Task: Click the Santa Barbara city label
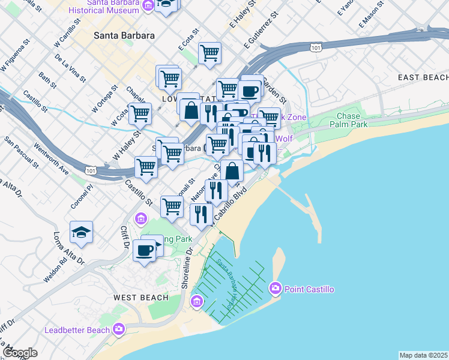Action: point(124,35)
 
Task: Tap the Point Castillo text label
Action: point(309,290)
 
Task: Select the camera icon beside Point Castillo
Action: point(276,288)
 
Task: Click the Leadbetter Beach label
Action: point(77,330)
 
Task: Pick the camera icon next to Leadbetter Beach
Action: point(119,329)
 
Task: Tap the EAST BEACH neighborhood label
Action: point(423,78)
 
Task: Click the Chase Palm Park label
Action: point(349,121)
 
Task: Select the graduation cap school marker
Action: point(81,232)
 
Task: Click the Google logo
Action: point(20,353)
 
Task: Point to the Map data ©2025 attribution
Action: point(423,355)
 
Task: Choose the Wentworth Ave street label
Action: point(51,158)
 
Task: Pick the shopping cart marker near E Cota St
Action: point(209,53)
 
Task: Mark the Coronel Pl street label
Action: point(82,196)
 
